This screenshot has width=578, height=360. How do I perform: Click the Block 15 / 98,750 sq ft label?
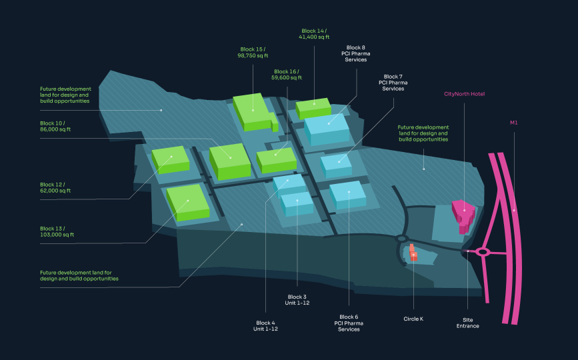(253, 52)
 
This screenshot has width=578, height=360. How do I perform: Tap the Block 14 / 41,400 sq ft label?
(314, 34)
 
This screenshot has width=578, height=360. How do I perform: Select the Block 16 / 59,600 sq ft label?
(287, 75)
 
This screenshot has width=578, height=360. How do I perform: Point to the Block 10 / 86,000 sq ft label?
(55, 126)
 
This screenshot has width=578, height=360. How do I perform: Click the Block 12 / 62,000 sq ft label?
(55, 187)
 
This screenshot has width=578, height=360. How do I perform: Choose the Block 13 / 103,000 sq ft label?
(57, 231)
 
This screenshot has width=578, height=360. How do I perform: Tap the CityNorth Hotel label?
(464, 94)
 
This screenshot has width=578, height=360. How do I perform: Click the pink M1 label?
(514, 123)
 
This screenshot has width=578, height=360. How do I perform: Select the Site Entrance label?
(468, 323)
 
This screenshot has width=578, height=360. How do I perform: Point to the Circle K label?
(413, 319)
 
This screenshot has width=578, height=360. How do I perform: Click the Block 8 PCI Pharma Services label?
(356, 53)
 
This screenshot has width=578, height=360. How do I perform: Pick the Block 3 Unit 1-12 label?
(297, 299)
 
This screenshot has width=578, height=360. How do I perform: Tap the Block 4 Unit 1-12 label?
(265, 326)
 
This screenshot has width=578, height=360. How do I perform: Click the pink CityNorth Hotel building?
(463, 215)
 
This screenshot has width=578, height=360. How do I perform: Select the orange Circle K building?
(413, 253)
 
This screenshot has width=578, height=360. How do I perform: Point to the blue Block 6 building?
(348, 195)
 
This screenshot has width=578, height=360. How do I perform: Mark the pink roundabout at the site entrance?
(483, 252)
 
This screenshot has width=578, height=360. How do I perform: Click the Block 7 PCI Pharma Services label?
(393, 83)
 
